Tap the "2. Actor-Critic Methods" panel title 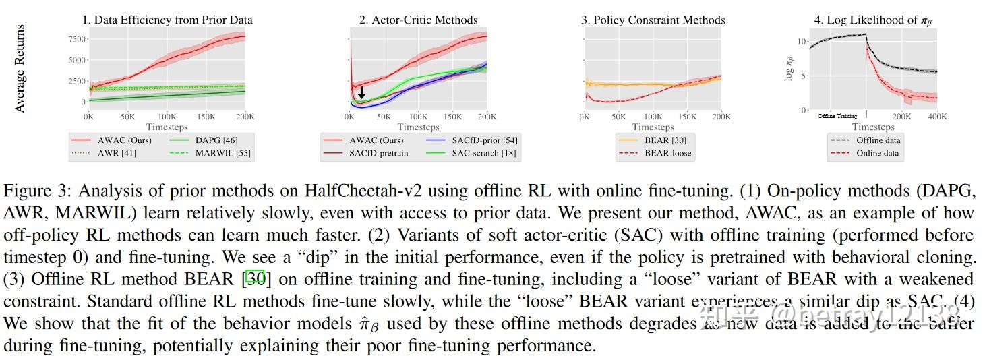pos(418,20)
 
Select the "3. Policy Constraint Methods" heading pos(653,20)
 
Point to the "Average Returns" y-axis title pos(20,69)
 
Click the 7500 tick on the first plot pos(78,39)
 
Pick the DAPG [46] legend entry pos(216,140)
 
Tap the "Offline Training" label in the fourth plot pos(837,116)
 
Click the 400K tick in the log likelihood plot pos(937,117)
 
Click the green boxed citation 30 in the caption pos(255,278)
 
